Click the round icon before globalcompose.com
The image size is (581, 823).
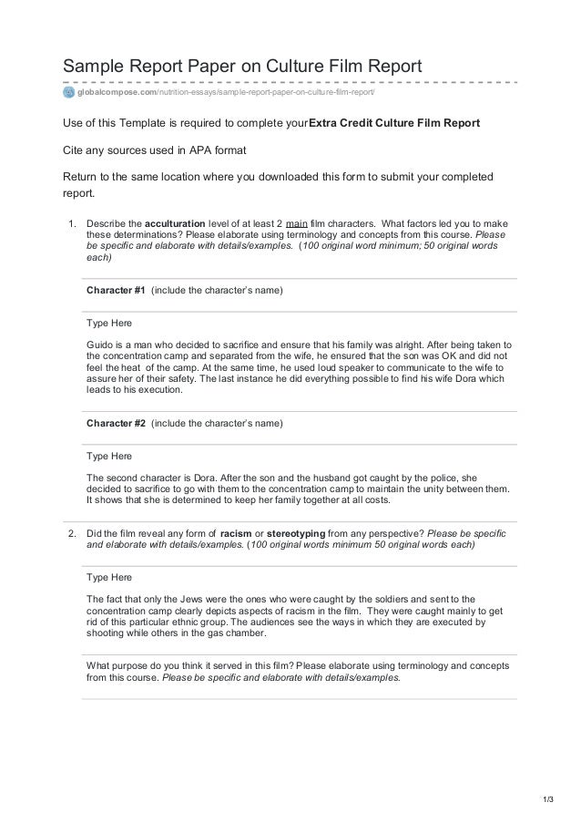coord(68,92)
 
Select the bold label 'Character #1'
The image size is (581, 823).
coord(116,290)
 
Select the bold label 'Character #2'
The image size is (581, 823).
coord(116,424)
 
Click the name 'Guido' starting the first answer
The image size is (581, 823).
coord(100,345)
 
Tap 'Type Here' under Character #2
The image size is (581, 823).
coord(108,456)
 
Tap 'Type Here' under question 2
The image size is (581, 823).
coord(108,578)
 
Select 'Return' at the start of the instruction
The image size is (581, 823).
coord(80,176)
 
